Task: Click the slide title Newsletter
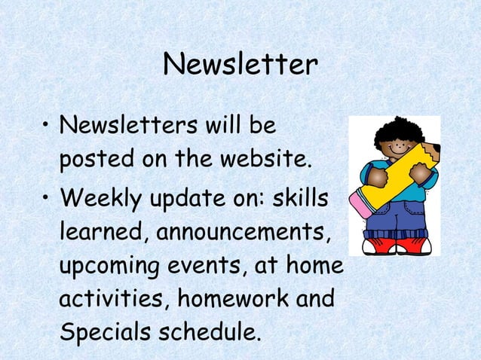tap(240, 66)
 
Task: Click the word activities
tap(112, 300)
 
